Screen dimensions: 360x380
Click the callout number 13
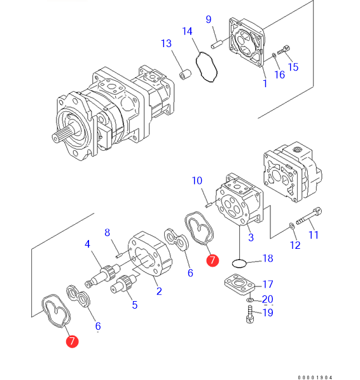coord(166,44)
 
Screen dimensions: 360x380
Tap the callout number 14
coord(187,31)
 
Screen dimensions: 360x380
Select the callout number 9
coord(209,19)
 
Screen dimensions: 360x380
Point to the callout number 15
coord(293,67)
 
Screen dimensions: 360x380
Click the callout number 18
coord(268,258)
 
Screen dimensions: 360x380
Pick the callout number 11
coord(314,235)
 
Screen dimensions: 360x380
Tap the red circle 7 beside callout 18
coord(212,260)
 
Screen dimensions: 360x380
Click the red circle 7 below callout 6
coord(72,341)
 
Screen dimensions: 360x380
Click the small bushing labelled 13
coord(185,74)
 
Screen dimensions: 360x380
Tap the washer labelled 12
coord(292,226)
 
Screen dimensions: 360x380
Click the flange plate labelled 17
coord(239,285)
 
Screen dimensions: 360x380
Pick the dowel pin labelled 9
coord(216,45)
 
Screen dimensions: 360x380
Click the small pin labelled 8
coord(118,256)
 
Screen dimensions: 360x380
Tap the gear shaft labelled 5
coord(124,284)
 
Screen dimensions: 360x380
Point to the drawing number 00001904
coord(315,377)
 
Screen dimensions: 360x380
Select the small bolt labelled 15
coord(284,50)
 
